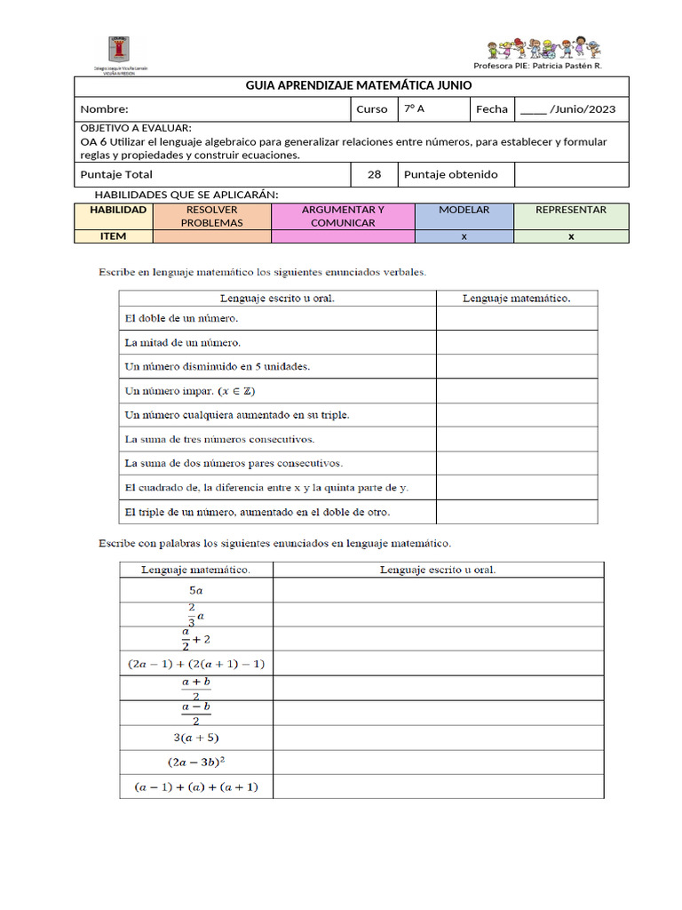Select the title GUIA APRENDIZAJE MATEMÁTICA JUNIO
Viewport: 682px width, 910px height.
click(x=359, y=85)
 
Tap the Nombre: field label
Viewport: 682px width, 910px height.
click(x=105, y=109)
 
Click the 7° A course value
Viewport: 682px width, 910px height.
click(x=414, y=108)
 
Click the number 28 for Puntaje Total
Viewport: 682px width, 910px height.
click(x=374, y=174)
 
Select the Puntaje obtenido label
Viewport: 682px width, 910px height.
click(x=450, y=174)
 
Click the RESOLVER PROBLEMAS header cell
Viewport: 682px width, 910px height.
click(x=211, y=216)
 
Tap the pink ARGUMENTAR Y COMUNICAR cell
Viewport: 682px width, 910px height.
click(x=343, y=216)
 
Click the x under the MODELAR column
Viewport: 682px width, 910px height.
click(x=464, y=236)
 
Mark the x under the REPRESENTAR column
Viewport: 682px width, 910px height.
click(x=571, y=236)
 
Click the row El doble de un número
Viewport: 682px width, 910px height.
click(x=182, y=317)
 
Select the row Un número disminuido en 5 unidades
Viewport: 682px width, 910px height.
click(x=218, y=365)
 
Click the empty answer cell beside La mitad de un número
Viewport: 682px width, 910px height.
click(x=516, y=341)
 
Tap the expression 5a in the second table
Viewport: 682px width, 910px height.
click(x=196, y=590)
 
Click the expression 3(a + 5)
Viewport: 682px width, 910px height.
click(x=196, y=738)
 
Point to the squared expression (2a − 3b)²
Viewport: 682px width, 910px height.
click(x=196, y=762)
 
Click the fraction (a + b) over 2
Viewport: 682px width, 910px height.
click(x=196, y=689)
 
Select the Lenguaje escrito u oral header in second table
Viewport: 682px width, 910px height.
click(x=438, y=569)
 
